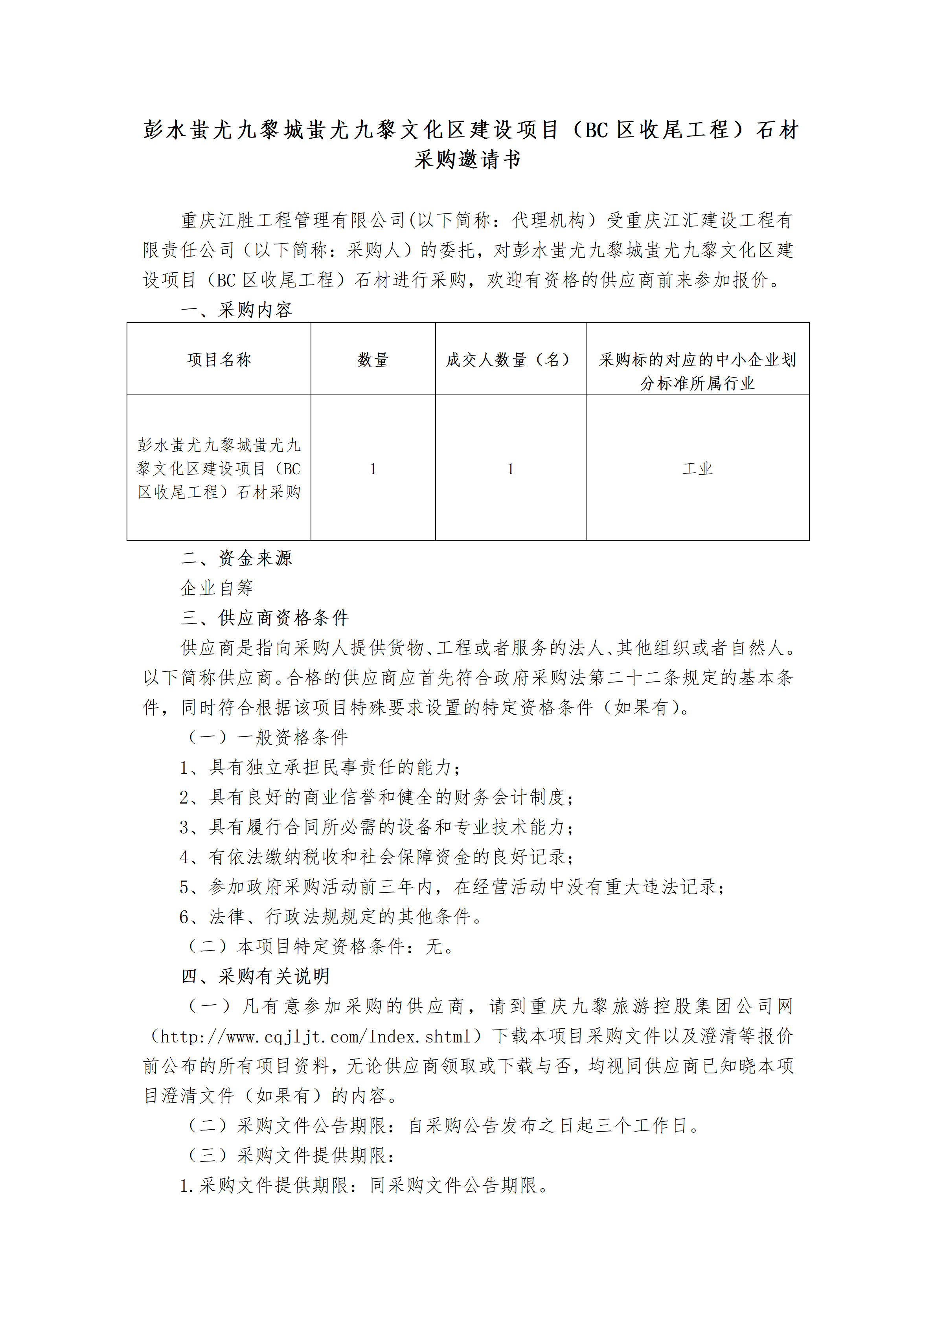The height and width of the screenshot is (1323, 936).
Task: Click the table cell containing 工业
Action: (x=697, y=468)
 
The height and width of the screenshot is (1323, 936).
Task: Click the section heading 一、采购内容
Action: (x=236, y=310)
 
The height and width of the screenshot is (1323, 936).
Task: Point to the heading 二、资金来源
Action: (x=236, y=558)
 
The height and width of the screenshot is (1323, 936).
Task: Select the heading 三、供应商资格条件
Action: (x=265, y=618)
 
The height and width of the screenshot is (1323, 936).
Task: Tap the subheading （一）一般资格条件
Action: (x=266, y=737)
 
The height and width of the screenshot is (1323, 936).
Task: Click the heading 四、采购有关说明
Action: (x=255, y=976)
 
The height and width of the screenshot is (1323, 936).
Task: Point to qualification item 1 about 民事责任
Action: (x=320, y=767)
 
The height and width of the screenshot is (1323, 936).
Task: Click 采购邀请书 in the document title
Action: (x=467, y=160)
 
